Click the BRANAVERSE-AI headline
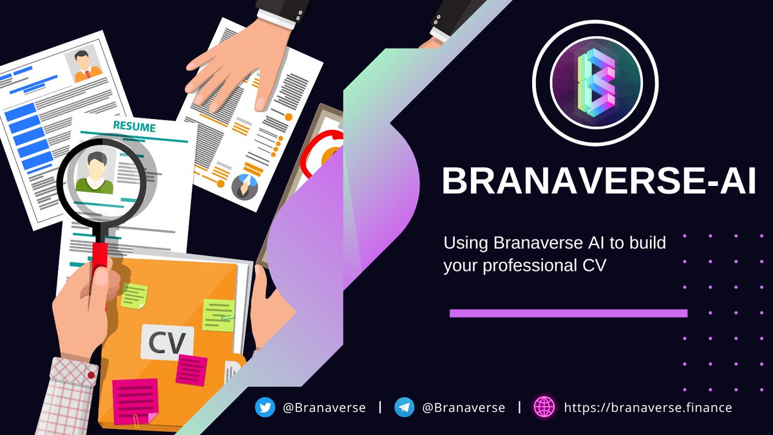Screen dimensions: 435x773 coord(598,181)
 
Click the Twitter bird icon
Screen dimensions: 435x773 coord(264,407)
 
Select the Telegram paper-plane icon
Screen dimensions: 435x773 coord(405,407)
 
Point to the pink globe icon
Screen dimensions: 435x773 coord(544,407)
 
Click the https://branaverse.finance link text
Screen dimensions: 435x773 coord(647,407)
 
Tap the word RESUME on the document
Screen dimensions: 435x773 coord(134,127)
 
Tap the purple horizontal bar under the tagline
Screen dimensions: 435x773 coord(568,313)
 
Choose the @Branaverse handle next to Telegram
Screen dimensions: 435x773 coord(464,407)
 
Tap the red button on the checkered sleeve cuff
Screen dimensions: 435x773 coord(91,375)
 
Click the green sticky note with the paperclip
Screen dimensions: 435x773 coord(218,314)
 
